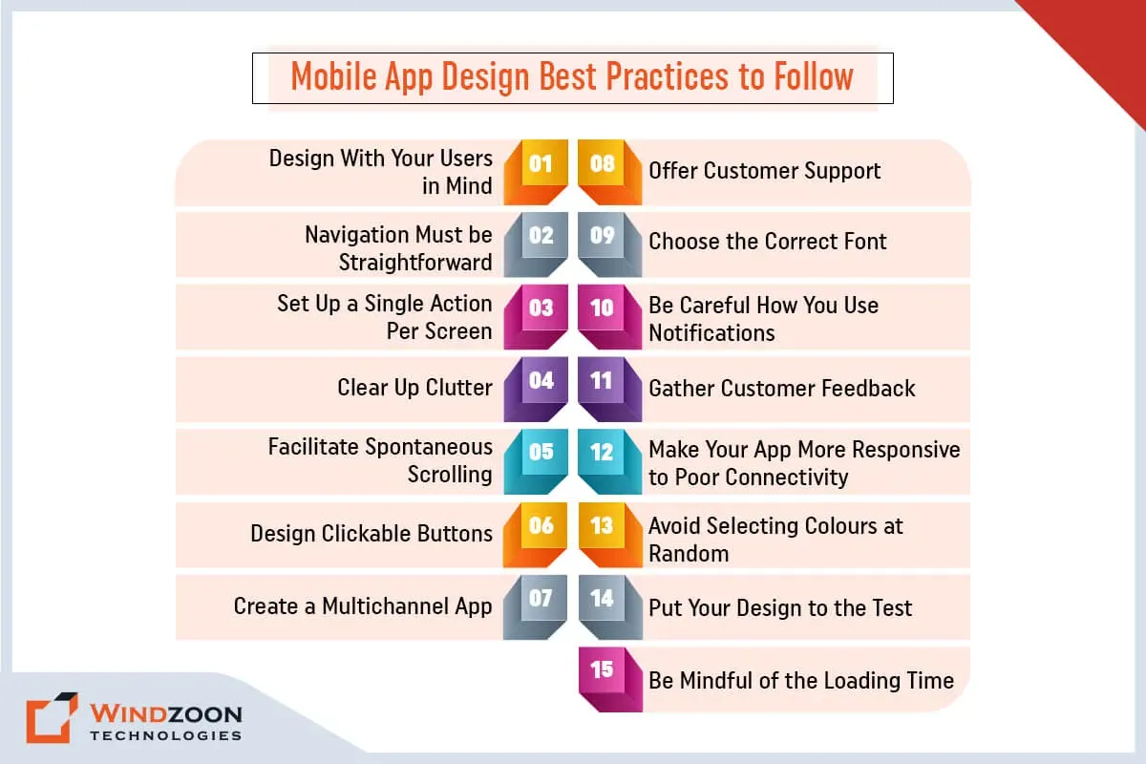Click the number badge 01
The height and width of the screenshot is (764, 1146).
tap(536, 172)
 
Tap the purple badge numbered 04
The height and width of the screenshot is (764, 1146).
tap(536, 389)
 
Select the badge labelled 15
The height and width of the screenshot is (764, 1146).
tap(610, 680)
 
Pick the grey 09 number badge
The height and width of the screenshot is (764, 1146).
tap(610, 244)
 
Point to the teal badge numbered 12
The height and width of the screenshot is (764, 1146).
tap(610, 461)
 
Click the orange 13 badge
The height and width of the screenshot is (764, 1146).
tap(610, 535)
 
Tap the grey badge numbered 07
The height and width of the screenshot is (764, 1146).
tap(535, 607)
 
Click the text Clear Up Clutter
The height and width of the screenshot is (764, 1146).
tap(414, 388)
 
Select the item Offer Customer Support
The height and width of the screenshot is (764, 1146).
tap(764, 171)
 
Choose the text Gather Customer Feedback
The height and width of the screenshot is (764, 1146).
tap(782, 389)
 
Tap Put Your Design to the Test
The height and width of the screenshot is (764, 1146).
tap(780, 608)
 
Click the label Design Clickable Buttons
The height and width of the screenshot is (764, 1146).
tap(371, 533)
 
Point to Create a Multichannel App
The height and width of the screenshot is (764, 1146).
tap(363, 606)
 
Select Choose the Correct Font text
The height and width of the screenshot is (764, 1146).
tap(768, 242)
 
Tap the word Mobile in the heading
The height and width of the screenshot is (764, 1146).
tap(333, 76)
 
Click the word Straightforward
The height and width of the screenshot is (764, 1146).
tap(415, 263)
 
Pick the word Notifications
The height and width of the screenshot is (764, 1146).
tap(711, 333)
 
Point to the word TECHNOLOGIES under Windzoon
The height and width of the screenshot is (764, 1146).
tap(166, 735)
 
